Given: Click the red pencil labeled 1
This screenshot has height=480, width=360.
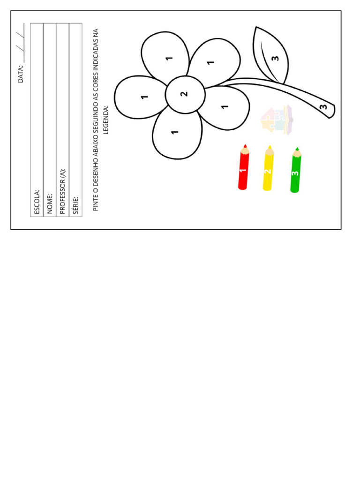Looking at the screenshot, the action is tap(243, 167).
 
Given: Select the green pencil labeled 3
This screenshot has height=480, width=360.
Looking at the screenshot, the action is tap(295, 170).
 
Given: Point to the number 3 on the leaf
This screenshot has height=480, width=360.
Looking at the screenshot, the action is tap(275, 58).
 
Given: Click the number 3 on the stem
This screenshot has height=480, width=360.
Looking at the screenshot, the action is tap(323, 107).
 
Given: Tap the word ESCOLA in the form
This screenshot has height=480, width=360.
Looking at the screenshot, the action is tap(37, 202).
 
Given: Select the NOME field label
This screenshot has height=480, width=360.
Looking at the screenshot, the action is tap(50, 203).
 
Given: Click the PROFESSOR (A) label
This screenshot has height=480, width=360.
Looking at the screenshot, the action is tap(63, 191).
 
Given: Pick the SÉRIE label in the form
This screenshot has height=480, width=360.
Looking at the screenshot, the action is tap(75, 205).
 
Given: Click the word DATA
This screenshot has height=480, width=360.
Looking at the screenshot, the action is tap(21, 74).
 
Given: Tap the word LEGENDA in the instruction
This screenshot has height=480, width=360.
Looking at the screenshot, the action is tap(106, 120).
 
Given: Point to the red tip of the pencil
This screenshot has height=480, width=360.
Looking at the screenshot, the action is tap(245, 146).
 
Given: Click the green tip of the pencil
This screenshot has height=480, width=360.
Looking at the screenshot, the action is tap(297, 149).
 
